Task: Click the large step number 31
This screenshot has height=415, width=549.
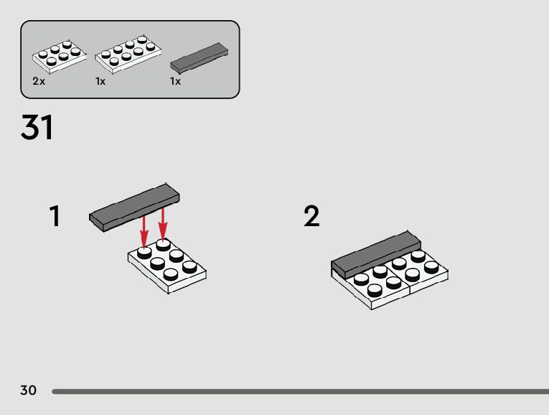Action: point(37,127)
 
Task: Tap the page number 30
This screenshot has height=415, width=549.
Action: point(29,390)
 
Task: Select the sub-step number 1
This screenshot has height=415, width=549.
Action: point(55,216)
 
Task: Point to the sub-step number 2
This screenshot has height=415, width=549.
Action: point(311,216)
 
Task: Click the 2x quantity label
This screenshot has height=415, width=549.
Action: point(39,81)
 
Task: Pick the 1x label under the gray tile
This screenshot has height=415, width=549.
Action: point(175,81)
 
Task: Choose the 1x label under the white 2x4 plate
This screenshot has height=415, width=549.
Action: point(100,81)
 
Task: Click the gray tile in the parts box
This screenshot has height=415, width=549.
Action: point(200,58)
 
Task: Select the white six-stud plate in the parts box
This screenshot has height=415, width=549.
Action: point(60,57)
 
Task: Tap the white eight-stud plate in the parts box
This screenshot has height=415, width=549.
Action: point(128,55)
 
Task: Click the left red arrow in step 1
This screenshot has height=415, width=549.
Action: point(144,232)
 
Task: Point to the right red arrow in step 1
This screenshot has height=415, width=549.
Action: point(162,224)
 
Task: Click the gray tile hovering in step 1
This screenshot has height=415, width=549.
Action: point(134,207)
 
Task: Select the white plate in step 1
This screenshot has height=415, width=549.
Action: point(167,266)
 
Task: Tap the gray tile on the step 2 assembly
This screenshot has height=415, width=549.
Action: point(376,255)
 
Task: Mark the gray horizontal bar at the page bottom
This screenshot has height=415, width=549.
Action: point(301,391)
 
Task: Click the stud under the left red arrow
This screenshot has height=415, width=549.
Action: point(144,253)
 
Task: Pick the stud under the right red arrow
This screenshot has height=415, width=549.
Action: point(164,245)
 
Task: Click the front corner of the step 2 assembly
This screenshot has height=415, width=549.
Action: point(372,309)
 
